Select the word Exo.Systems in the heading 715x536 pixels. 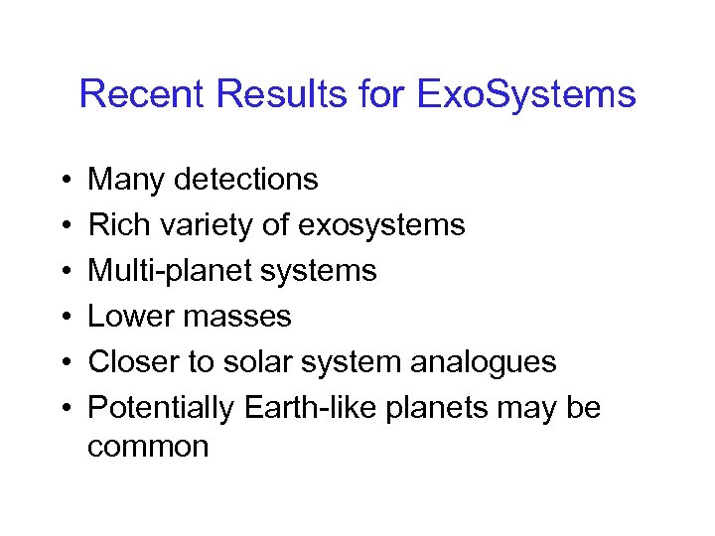pyautogui.click(x=525, y=94)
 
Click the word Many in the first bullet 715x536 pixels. pyautogui.click(x=126, y=180)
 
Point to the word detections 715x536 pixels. pyautogui.click(x=245, y=180)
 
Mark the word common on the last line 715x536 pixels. pyautogui.click(x=148, y=447)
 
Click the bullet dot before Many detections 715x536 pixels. pyautogui.click(x=63, y=181)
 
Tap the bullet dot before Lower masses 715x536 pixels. pyautogui.click(x=63, y=318)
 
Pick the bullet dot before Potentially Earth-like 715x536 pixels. pyautogui.click(x=63, y=409)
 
